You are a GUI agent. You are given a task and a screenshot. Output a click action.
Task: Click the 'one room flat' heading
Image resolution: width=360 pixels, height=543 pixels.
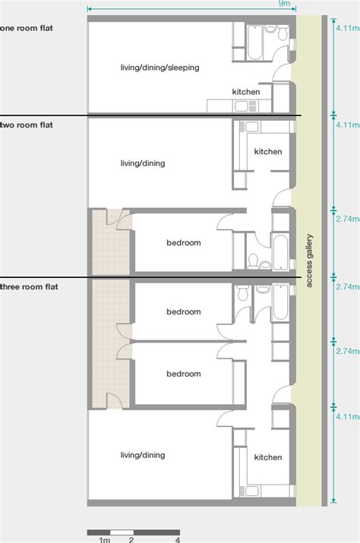click(x=27, y=28)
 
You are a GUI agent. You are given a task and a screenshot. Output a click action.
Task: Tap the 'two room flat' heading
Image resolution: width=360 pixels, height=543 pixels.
click(x=27, y=125)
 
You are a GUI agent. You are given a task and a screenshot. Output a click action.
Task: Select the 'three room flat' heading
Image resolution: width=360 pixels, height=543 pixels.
click(x=29, y=287)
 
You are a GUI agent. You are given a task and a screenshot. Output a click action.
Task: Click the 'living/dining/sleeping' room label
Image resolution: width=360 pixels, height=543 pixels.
click(x=159, y=68)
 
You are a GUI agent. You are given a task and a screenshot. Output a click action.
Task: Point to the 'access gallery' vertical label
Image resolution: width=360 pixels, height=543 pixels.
click(x=309, y=260)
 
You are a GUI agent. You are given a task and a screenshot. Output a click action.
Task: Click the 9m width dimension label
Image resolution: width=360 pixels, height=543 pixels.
click(x=284, y=4)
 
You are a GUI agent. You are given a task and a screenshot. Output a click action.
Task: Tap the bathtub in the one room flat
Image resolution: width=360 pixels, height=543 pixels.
click(x=254, y=43)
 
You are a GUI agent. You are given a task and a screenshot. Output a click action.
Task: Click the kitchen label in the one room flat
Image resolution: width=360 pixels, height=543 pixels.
click(x=246, y=92)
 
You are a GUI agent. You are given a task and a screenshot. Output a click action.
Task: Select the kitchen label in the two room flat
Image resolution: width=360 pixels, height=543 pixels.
click(x=268, y=152)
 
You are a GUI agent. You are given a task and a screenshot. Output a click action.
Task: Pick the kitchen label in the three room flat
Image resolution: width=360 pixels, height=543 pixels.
click(x=268, y=457)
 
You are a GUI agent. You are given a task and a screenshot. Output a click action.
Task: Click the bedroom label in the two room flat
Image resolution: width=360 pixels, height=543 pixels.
click(x=184, y=243)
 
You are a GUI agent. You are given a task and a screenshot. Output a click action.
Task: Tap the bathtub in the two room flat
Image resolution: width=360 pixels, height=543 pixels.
click(x=281, y=252)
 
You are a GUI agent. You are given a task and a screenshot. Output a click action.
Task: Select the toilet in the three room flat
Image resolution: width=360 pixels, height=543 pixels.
click(x=242, y=293)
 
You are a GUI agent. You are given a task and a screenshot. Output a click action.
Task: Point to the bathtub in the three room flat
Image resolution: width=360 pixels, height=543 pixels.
click(x=281, y=302)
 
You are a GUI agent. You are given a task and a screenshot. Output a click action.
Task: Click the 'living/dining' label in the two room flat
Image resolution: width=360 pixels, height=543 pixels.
click(x=143, y=163)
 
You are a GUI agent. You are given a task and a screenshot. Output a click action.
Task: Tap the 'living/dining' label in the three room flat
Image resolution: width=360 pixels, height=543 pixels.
click(x=143, y=455)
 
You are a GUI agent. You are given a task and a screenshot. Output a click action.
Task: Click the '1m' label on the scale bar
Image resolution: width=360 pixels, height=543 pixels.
click(x=105, y=539)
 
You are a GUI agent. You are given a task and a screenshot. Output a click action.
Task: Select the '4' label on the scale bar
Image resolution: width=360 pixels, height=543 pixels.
click(x=178, y=539)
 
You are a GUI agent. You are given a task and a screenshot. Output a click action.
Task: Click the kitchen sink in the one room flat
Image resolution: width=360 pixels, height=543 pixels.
click(x=242, y=106)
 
